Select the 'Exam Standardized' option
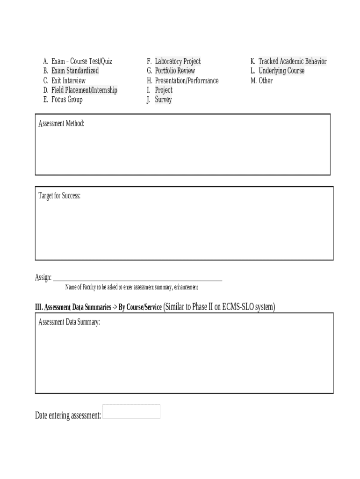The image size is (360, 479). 75,71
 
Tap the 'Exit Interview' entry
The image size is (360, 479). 68,80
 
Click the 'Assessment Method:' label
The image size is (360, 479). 61,124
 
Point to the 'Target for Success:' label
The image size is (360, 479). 59,196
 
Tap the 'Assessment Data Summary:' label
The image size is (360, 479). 69,322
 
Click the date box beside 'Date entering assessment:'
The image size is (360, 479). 131,412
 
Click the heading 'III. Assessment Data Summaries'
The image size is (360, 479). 73,308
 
